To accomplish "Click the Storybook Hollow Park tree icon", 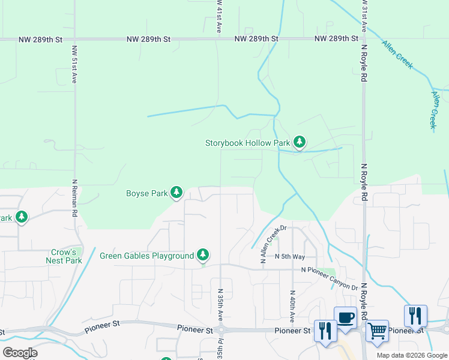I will coord(300,142).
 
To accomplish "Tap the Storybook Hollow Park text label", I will coord(247,143).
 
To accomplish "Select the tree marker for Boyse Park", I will coord(176,193).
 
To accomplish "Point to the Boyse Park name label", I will coord(146,193).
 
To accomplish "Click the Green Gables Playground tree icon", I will coord(203,256).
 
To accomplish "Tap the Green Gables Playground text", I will coord(146,256).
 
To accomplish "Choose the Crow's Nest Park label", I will coord(64,256).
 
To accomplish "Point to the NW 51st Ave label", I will coord(74,65).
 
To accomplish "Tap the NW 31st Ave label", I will coord(363,16).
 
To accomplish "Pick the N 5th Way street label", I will coord(291,256).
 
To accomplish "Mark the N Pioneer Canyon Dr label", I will coord(330,278).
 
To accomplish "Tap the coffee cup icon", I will coord(346,318).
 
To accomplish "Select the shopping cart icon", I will coord(377,330).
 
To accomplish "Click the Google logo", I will coord(20,353).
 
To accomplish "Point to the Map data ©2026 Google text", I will coord(412,355).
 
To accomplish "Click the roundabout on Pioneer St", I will coord(221,330).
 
